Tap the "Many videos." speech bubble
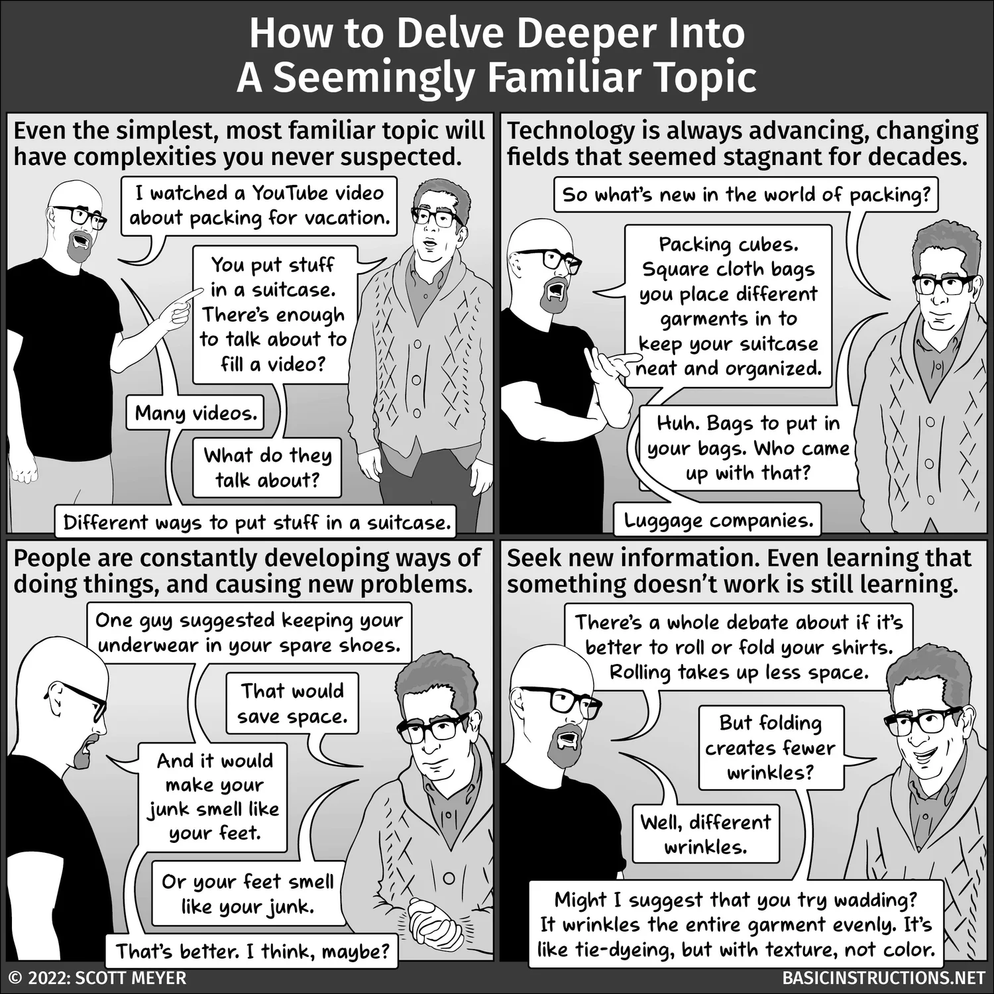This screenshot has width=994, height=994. [195, 414]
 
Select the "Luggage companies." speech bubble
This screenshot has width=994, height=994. [718, 521]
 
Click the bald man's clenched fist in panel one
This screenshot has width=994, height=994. [25, 470]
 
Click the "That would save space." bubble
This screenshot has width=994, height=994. [292, 704]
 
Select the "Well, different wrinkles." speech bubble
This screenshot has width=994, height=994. [705, 834]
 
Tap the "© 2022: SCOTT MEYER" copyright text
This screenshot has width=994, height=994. [97, 978]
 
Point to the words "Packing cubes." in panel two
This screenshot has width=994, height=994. [728, 245]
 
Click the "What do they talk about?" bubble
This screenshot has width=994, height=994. [267, 468]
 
